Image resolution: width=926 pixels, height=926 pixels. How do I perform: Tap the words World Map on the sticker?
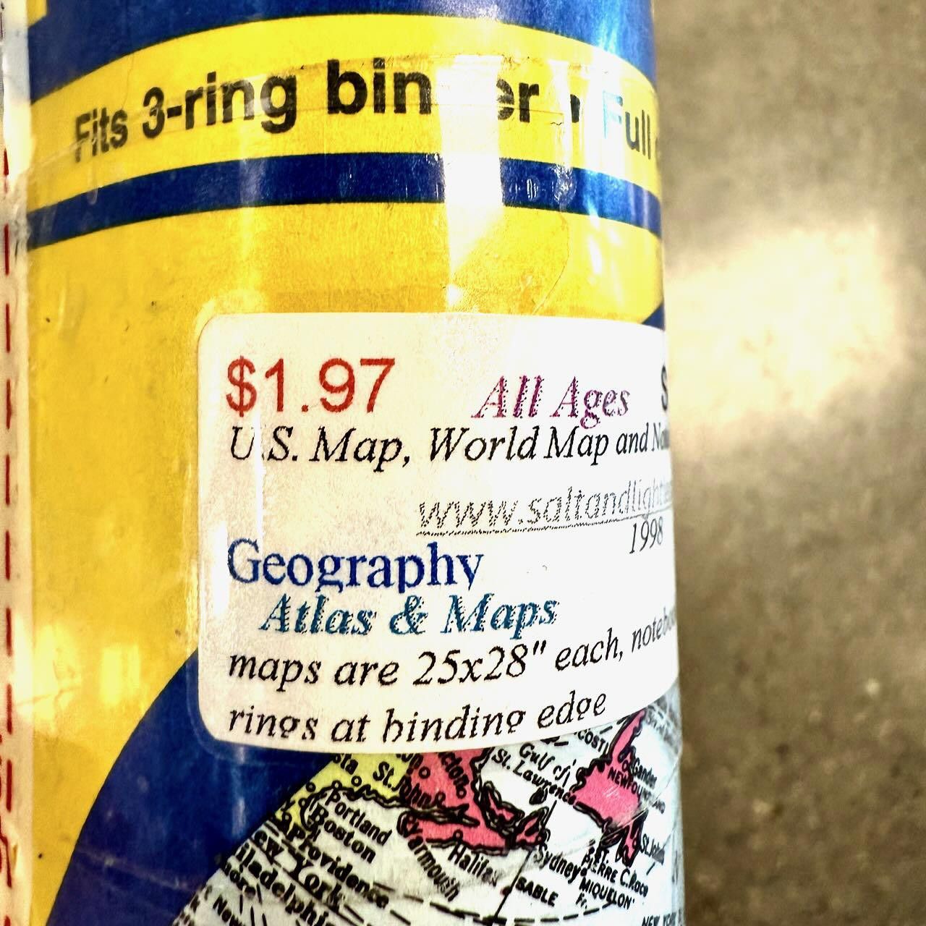pos(518,444)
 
